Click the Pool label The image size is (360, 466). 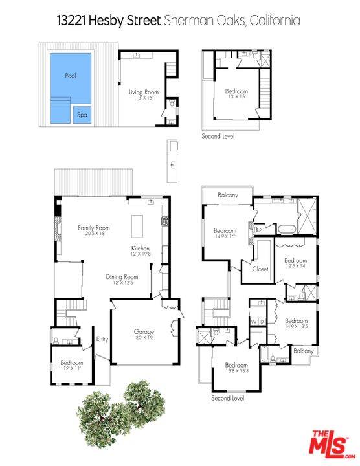[x=71, y=76]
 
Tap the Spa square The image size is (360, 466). [x=82, y=115]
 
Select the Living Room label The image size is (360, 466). [x=143, y=93]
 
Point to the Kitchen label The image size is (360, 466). [x=141, y=249]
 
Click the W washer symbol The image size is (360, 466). [x=254, y=321]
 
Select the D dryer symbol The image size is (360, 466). [x=262, y=321]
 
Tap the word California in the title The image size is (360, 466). [x=276, y=21]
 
